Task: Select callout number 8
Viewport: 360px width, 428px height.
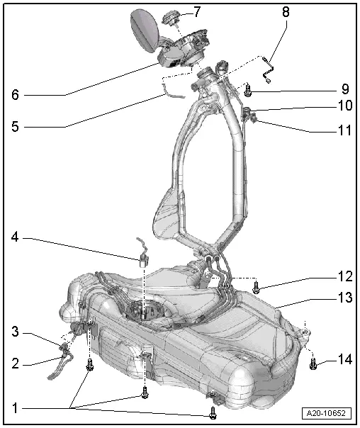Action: click(x=285, y=12)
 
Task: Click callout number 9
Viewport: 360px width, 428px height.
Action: click(x=344, y=89)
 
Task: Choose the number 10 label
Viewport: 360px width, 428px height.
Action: click(x=344, y=107)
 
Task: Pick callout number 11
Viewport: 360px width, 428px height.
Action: click(x=344, y=130)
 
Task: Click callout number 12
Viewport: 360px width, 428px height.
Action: click(x=344, y=276)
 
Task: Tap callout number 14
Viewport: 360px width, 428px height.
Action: click(x=344, y=359)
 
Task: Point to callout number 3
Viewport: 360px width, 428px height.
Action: click(x=14, y=331)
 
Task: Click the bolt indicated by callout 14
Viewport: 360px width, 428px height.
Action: click(x=313, y=364)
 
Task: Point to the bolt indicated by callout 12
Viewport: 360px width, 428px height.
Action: click(x=257, y=287)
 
